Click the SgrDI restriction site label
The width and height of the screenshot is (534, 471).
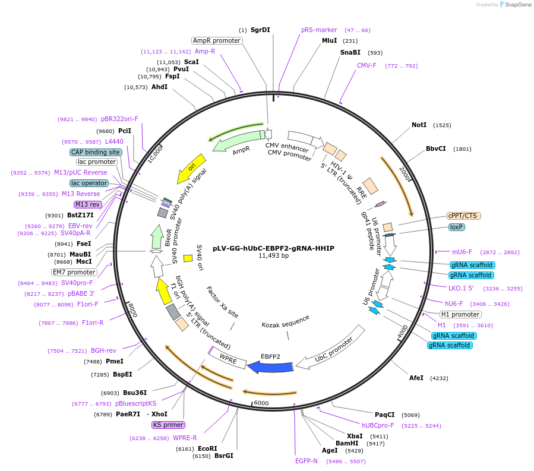[x=260, y=30]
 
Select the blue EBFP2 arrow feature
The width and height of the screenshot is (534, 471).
[x=270, y=368]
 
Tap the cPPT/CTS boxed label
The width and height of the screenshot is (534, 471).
[x=463, y=216]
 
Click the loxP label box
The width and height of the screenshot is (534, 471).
[x=456, y=227]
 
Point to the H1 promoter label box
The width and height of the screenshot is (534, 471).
[x=460, y=314]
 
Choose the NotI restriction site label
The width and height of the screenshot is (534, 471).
[x=419, y=125]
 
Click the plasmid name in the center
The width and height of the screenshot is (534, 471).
[x=265, y=248]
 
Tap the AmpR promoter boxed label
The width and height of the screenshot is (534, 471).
[x=217, y=40]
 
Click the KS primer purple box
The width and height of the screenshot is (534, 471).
[x=168, y=425]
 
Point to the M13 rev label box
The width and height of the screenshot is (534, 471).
[x=87, y=204]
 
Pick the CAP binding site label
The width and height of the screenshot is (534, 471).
[x=96, y=152]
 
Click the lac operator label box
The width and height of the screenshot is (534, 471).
[x=89, y=183]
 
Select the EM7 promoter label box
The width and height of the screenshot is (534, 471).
[x=74, y=272]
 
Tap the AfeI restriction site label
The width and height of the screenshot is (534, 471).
[x=416, y=378]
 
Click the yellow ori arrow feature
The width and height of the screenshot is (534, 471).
[x=192, y=168]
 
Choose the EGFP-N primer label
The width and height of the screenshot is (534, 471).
[x=306, y=460]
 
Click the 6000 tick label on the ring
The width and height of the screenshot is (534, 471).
[x=262, y=403]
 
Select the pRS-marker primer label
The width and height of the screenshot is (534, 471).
[x=319, y=30]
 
